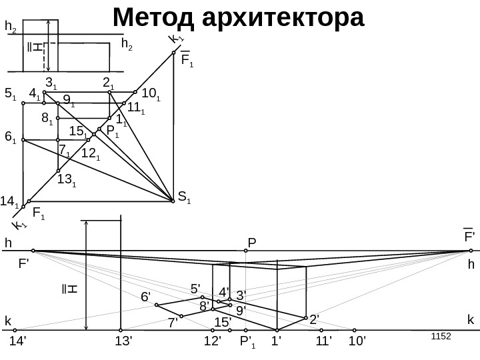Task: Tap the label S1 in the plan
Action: (185, 197)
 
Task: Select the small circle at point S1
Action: (172, 198)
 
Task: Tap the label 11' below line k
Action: (323, 342)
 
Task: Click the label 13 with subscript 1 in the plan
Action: (66, 179)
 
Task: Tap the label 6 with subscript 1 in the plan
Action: (10, 137)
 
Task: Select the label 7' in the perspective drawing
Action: (173, 323)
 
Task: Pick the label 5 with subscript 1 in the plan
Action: (10, 94)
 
